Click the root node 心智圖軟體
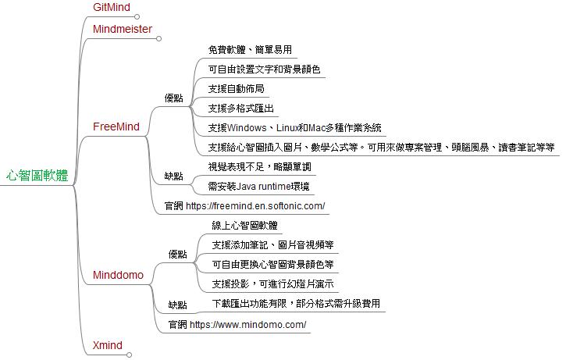[37, 176]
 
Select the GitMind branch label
[112, 7]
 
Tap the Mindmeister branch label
[123, 29]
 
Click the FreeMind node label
[116, 127]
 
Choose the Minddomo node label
[118, 275]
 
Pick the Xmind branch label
[108, 345]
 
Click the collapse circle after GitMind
[137, 16]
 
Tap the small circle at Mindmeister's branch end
[158, 38]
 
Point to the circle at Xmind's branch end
[130, 355]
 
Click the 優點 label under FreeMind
[174, 98]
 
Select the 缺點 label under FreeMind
[174, 176]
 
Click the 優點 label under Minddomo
[178, 255]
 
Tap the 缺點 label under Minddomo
[178, 305]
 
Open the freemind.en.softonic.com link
[255, 206]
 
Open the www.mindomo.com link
[248, 325]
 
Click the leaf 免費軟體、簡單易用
[250, 49]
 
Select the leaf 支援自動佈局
[237, 88]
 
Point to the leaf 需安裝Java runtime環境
[259, 187]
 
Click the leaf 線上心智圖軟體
[244, 226]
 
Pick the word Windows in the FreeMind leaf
[247, 128]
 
